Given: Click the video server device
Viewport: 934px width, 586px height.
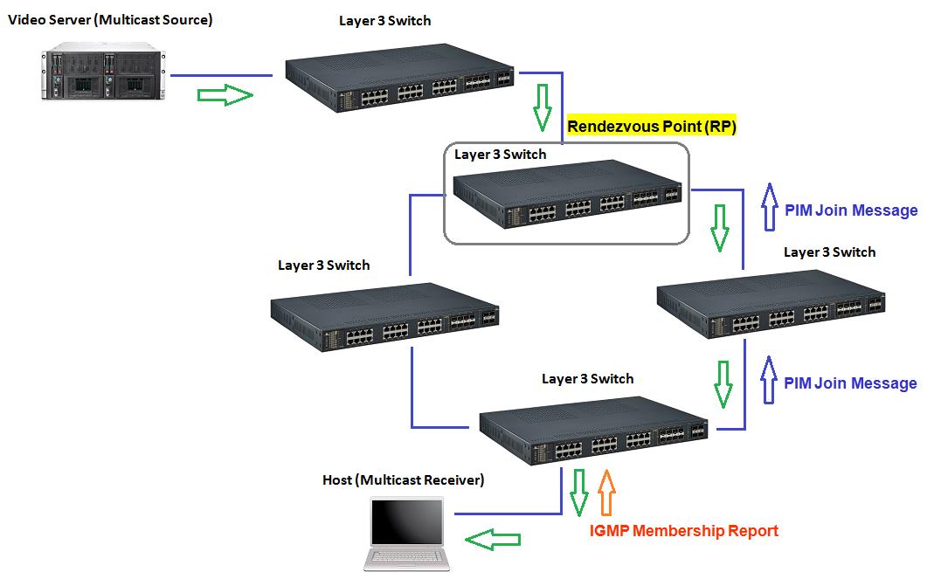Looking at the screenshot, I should click(106, 73).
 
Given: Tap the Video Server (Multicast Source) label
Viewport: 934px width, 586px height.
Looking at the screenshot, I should click(110, 19).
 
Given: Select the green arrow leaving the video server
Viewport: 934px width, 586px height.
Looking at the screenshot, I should click(225, 96).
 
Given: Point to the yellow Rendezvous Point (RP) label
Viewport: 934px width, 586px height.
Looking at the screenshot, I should click(652, 126).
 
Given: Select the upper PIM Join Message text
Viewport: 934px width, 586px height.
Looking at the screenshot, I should click(851, 210).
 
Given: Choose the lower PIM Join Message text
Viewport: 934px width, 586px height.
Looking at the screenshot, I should click(850, 383).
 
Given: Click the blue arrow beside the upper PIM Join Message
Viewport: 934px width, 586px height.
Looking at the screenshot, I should click(769, 206).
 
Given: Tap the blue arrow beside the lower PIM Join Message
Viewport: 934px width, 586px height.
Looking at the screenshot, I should click(769, 380).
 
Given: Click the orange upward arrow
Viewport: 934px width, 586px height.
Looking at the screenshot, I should click(606, 493).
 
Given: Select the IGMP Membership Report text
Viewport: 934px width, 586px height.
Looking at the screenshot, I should click(683, 530).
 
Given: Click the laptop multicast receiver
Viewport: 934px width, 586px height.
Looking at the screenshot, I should click(407, 533).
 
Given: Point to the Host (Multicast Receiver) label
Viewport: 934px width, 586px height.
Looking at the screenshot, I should click(403, 479).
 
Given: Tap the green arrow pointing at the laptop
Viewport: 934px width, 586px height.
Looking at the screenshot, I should click(488, 540).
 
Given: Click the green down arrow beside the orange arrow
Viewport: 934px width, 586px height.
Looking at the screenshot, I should click(578, 493).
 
